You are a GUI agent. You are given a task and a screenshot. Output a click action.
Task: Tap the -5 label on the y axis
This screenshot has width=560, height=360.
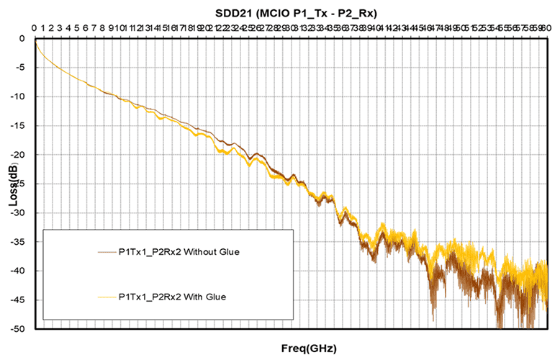point(21,68)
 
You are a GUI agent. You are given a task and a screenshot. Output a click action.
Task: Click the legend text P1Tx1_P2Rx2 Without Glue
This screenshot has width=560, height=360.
point(179,253)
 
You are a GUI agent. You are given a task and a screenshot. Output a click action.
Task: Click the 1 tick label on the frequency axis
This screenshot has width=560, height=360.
point(43,28)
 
